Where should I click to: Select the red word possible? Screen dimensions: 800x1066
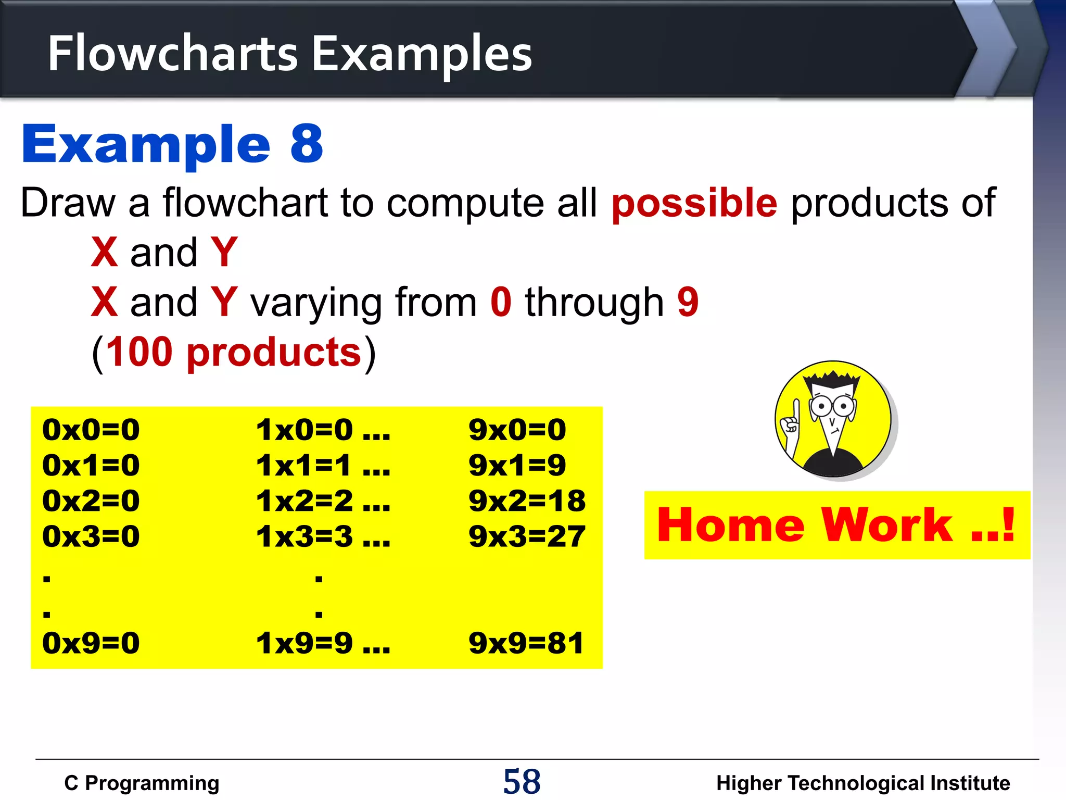pyautogui.click(x=694, y=203)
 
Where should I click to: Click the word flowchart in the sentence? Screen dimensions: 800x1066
pyautogui.click(x=245, y=203)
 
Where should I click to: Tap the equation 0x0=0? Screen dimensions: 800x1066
pyautogui.click(x=91, y=430)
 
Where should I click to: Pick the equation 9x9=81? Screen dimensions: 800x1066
pyautogui.click(x=526, y=643)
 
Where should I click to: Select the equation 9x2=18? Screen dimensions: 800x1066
pyautogui.click(x=527, y=501)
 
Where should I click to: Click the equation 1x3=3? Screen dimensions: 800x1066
pyautogui.click(x=304, y=536)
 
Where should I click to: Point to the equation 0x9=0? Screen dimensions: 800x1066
pyautogui.click(x=91, y=643)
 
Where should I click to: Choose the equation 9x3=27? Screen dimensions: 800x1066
pyautogui.click(x=527, y=536)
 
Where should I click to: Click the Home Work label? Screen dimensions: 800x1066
pyautogui.click(x=836, y=525)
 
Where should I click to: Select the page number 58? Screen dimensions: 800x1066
pyautogui.click(x=522, y=781)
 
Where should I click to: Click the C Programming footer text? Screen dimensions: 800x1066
pyautogui.click(x=142, y=783)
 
